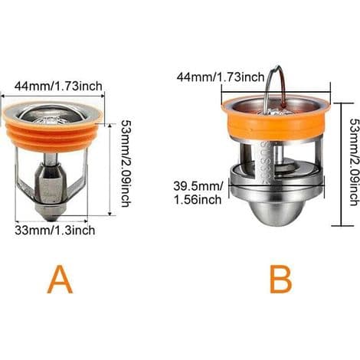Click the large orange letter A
tap(61, 279)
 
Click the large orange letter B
tap(281, 279)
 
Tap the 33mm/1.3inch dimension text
tap(54, 231)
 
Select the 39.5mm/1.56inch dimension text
tap(198, 192)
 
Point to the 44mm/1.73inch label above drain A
tap(58, 86)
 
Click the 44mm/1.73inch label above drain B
tap(221, 77)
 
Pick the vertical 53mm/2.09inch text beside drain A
tap(126, 163)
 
